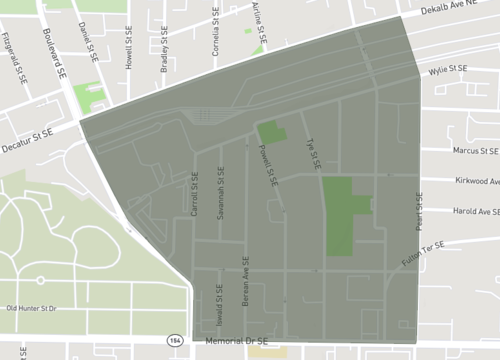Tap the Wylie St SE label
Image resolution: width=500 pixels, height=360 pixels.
tap(449, 70)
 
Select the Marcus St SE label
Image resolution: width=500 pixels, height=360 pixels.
tap(474, 151)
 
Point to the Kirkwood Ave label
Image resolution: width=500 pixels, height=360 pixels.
tap(476, 181)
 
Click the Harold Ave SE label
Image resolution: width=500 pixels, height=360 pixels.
tap(475, 212)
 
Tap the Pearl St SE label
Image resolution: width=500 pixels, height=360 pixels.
tap(421, 209)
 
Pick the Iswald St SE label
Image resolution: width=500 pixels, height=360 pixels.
tap(219, 304)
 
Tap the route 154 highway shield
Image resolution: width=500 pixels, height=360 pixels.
tap(174, 341)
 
